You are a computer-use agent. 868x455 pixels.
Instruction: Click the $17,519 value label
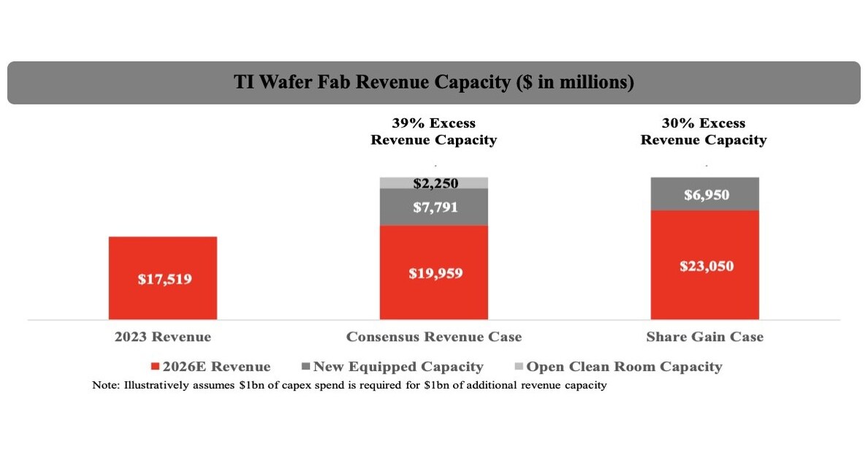pyautogui.click(x=164, y=279)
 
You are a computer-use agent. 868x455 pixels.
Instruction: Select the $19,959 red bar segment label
pyautogui.click(x=435, y=274)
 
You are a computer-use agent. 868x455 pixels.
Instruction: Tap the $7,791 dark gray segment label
pyautogui.click(x=435, y=207)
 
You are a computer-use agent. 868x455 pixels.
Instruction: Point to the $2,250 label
pyautogui.click(x=435, y=183)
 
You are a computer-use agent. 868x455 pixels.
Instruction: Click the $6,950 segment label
pyautogui.click(x=707, y=195)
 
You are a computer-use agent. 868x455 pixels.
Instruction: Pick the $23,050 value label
pyautogui.click(x=707, y=266)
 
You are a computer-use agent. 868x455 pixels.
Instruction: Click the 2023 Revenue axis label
pyautogui.click(x=163, y=337)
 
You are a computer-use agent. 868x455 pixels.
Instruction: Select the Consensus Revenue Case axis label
pyautogui.click(x=434, y=337)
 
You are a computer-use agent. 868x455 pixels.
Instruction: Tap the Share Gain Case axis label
pyautogui.click(x=705, y=337)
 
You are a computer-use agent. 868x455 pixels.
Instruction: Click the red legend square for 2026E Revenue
pyautogui.click(x=155, y=367)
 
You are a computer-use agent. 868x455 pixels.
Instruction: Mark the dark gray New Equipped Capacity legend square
pyautogui.click(x=305, y=367)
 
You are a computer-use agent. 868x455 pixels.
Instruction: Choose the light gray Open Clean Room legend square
pyautogui.click(x=518, y=367)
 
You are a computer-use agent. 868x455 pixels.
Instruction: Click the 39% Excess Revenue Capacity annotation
pyautogui.click(x=434, y=131)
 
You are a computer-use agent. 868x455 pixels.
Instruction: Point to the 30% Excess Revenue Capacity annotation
pyautogui.click(x=704, y=131)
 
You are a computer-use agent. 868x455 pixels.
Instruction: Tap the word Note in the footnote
pyautogui.click(x=104, y=385)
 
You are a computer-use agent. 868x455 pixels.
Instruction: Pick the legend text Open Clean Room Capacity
pyautogui.click(x=624, y=367)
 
